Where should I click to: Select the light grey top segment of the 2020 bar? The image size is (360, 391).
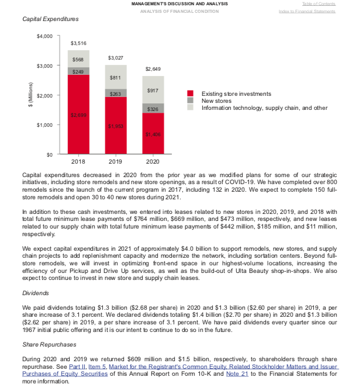[x=153, y=90]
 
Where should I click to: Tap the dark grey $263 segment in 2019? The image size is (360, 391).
[x=116, y=93]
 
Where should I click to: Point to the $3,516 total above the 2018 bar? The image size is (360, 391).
[x=78, y=43]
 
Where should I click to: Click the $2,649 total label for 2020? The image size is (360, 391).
[x=153, y=69]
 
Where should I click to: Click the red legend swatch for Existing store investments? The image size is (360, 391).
[x=190, y=94]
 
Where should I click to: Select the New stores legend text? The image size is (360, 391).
[x=217, y=101]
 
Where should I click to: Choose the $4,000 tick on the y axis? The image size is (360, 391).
[x=44, y=36]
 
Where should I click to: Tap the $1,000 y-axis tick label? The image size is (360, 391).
[x=44, y=125]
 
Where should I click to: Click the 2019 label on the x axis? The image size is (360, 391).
[x=116, y=161]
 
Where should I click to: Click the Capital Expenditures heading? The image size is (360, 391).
[x=50, y=20]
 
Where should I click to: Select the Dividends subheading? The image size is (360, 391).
[x=35, y=293]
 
